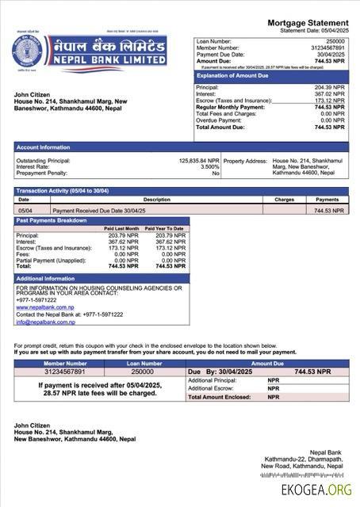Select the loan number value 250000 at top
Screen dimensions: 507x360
point(335,40)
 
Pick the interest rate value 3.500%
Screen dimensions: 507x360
point(209,166)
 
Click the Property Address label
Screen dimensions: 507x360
point(245,160)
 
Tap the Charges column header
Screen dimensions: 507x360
point(285,200)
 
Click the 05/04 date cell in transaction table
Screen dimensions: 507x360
point(25,211)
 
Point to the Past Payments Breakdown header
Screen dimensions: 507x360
point(52,220)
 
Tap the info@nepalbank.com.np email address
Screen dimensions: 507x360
point(45,322)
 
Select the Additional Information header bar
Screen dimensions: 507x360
point(45,279)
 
